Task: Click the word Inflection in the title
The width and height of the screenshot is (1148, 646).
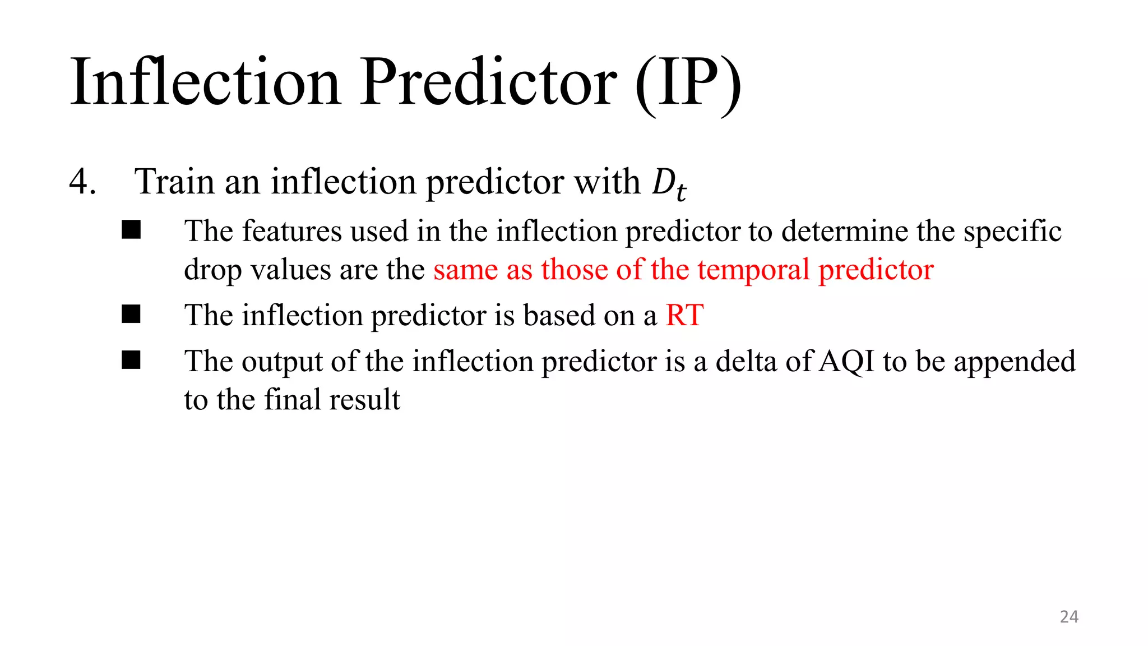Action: pos(205,83)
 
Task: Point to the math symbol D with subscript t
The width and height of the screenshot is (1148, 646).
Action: pos(669,184)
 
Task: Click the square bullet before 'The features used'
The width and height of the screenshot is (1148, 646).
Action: pos(131,230)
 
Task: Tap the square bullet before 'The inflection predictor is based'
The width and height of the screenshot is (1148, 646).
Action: pos(131,314)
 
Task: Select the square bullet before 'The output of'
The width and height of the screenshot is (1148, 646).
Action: pos(131,360)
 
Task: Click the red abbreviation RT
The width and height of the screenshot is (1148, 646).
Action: pos(684,315)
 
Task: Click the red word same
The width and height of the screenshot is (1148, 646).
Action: pos(465,270)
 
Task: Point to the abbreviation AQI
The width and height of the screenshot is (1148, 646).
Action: pos(846,362)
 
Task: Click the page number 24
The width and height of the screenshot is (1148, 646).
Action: pos(1068,617)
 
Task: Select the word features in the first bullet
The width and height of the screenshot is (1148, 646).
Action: pos(291,231)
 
